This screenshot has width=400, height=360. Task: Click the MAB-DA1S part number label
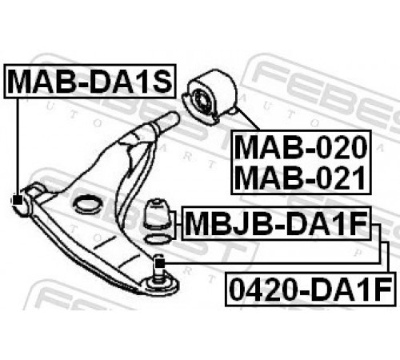click(90, 81)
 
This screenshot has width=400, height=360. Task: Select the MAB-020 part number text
click(301, 147)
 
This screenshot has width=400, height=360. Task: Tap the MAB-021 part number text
click(301, 177)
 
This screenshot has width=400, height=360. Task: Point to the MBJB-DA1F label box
click(276, 223)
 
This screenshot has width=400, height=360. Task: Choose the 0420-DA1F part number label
click(310, 289)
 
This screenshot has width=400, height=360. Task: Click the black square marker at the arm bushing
click(18, 200)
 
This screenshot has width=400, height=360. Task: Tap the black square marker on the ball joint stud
click(159, 263)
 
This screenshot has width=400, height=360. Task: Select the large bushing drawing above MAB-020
click(210, 97)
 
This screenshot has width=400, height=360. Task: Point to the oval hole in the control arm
click(87, 206)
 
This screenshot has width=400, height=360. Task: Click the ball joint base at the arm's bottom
click(160, 286)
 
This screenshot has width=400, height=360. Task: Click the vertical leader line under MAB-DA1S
click(18, 146)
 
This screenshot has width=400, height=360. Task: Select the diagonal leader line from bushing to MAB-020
click(248, 120)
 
